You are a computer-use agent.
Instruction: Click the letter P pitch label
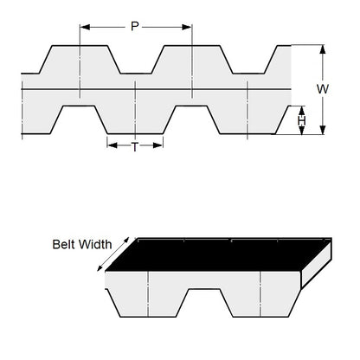tap(135, 26)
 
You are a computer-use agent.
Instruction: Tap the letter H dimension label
tap(301, 120)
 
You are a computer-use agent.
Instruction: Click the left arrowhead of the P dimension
tap(82, 27)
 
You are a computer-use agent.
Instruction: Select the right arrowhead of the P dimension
tap(190, 27)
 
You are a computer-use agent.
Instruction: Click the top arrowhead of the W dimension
tap(322, 48)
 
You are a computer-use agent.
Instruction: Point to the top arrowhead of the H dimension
tap(302, 108)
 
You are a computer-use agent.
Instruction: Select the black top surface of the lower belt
tap(216, 254)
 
